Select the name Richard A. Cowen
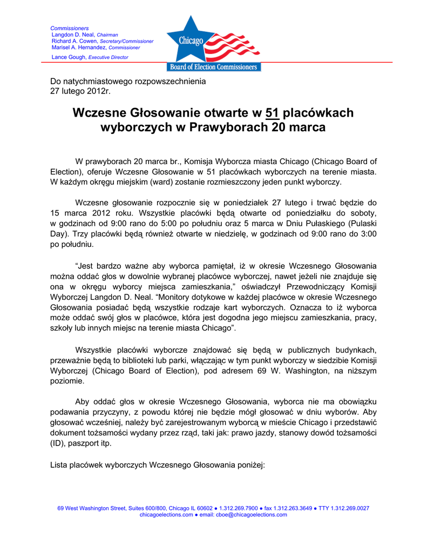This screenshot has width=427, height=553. [x=74, y=41]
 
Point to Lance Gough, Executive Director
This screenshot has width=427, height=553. [x=90, y=57]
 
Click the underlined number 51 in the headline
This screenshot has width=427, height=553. [x=272, y=113]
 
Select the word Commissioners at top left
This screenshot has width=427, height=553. [x=70, y=28]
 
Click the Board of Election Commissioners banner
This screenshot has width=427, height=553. [x=214, y=67]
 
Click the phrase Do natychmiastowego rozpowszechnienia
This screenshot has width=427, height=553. [x=128, y=81]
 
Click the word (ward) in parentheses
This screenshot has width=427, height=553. [x=171, y=181]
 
